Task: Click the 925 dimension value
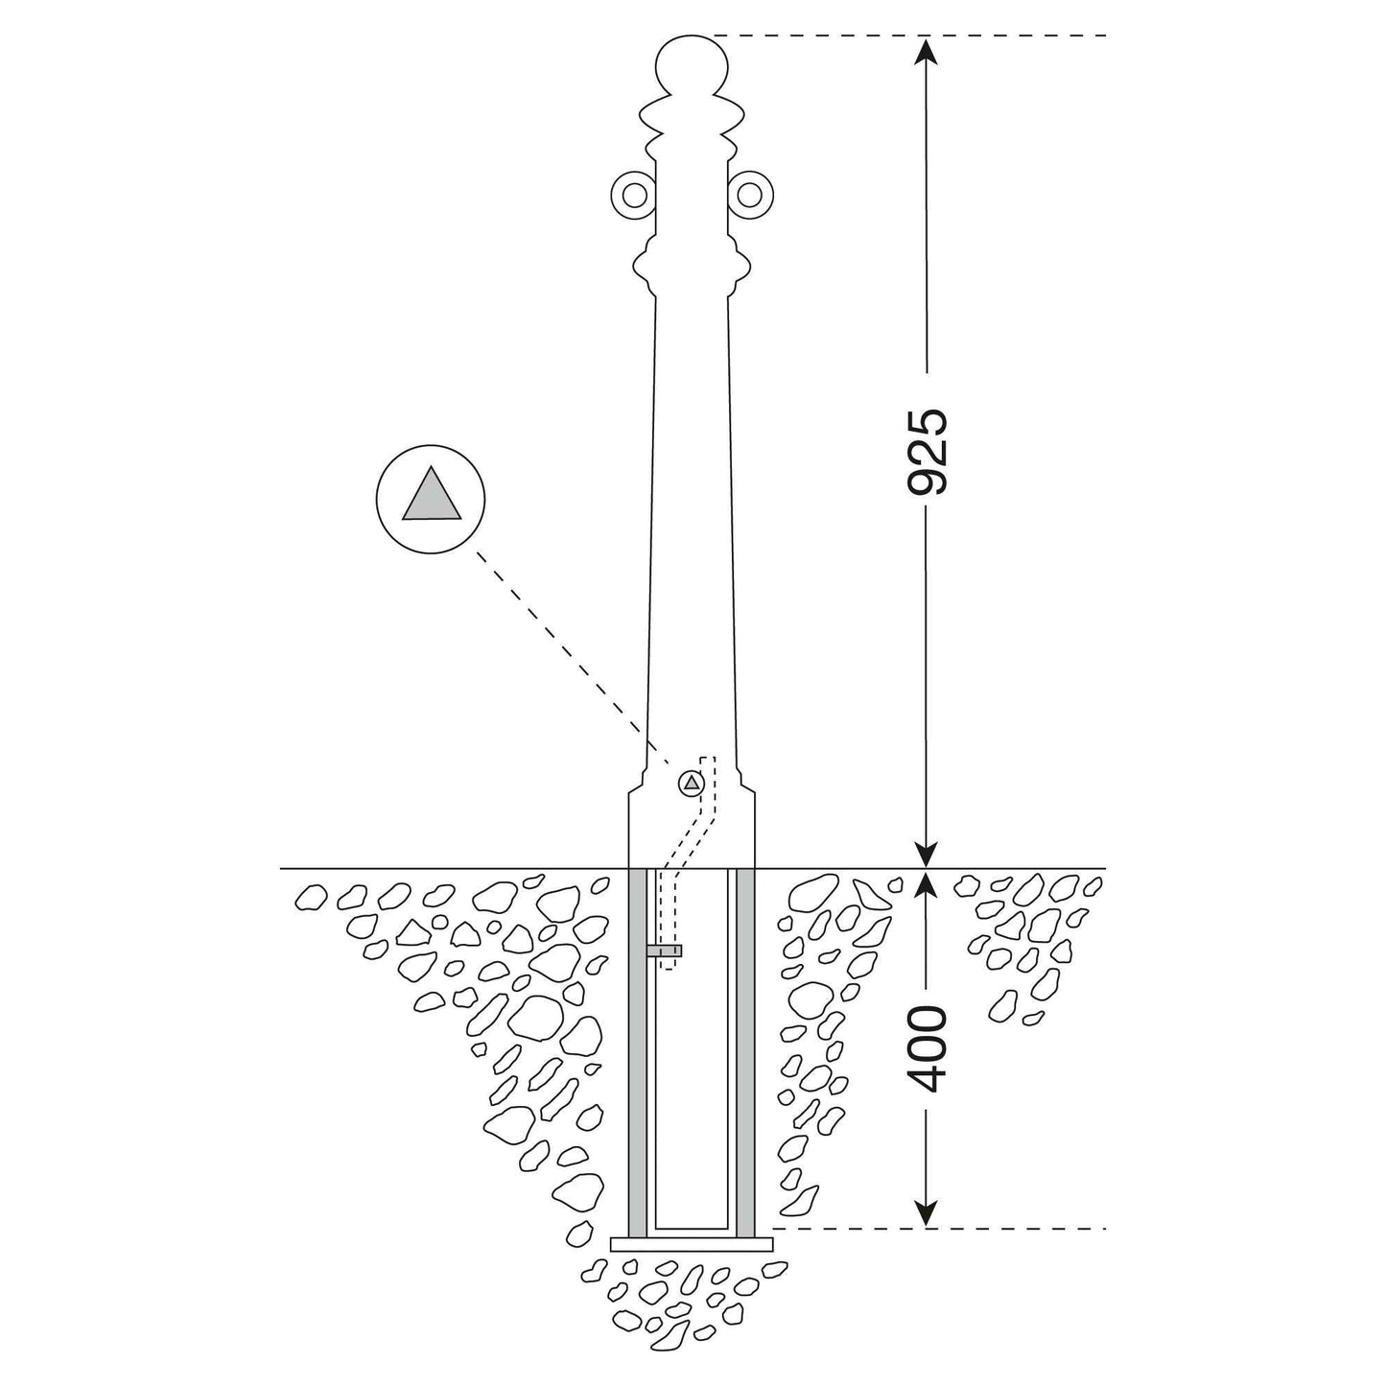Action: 927,453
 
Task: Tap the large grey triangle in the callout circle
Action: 431,493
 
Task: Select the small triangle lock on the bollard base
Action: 692,784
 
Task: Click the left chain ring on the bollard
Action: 634,195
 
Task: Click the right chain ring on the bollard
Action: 749,195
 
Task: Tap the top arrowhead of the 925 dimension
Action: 927,50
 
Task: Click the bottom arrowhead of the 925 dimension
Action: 927,853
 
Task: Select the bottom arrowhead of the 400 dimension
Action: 927,1211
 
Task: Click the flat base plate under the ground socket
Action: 692,1244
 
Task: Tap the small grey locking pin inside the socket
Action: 663,951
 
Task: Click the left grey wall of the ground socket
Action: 637,1053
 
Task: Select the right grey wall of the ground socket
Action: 746,1053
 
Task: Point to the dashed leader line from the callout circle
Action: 573,658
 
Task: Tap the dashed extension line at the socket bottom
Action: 939,1229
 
